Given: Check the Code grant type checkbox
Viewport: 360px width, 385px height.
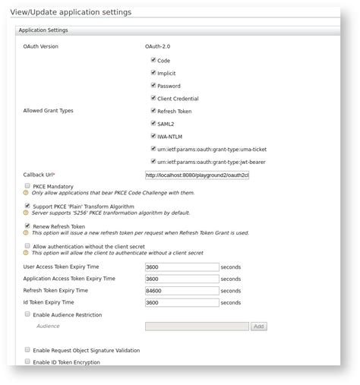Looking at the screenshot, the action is click(153, 59).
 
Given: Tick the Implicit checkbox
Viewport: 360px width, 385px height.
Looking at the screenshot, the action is click(153, 72).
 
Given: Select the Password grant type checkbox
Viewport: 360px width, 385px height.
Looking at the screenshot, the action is click(153, 85).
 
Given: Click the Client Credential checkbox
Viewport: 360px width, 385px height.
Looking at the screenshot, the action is click(153, 98).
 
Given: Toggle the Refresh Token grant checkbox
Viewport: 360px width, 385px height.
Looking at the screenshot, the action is click(153, 111).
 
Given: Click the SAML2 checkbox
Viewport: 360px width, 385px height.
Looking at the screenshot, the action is click(153, 123).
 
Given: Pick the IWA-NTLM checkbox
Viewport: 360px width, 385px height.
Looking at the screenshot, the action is click(153, 136).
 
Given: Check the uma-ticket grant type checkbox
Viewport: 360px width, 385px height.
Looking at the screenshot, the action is click(153, 149).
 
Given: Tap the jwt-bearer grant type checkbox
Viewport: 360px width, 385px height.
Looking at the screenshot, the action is click(153, 161).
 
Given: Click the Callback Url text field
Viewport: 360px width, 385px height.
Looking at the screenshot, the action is click(197, 175).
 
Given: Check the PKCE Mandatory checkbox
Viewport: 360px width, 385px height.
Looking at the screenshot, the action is click(27, 185).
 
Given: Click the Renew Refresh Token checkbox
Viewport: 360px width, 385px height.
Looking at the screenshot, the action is click(27, 226).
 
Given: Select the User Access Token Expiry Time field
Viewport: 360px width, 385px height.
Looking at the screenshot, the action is click(182, 267).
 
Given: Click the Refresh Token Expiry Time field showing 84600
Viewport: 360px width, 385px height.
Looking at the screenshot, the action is click(182, 291).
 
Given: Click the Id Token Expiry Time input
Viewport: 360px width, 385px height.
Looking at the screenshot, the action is click(182, 302).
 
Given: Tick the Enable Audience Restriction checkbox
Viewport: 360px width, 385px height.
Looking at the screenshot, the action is click(27, 314).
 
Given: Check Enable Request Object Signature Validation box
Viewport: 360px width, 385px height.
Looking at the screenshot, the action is click(27, 350).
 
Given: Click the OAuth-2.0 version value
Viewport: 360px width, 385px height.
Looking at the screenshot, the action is click(157, 46).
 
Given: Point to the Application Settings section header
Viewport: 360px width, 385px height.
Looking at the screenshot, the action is click(43, 30).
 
